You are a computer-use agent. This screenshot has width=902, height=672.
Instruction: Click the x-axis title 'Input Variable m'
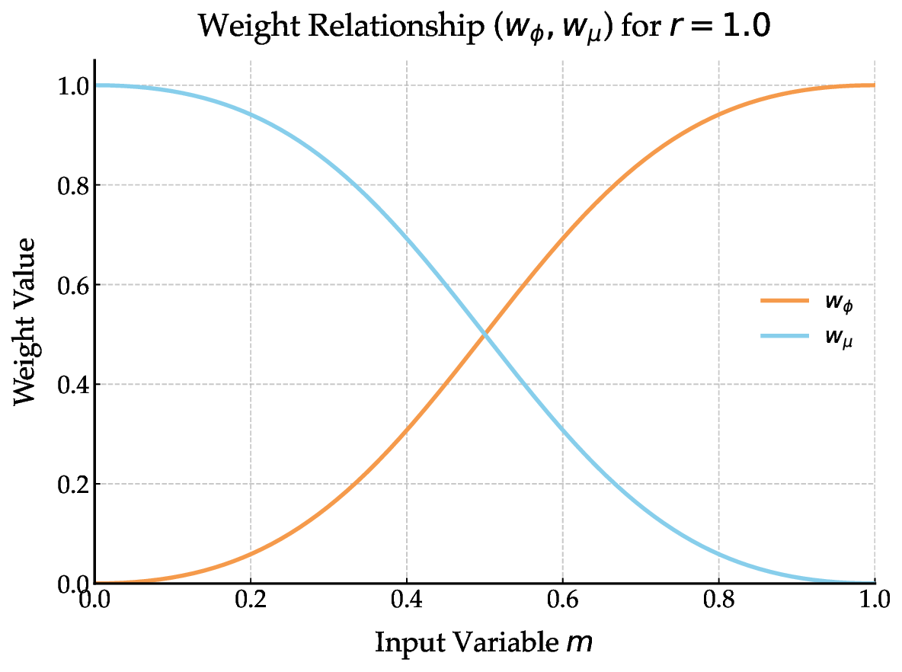point(483,642)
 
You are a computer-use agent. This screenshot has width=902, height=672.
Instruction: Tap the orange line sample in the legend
point(784,301)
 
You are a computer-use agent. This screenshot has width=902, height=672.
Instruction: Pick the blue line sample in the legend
point(784,338)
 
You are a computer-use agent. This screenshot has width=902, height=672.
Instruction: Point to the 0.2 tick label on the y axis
point(72,484)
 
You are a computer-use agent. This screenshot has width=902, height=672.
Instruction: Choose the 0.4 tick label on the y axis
point(72,385)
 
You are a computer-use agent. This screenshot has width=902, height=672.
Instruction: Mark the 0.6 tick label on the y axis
point(72,285)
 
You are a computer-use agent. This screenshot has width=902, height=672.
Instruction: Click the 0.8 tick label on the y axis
point(72,185)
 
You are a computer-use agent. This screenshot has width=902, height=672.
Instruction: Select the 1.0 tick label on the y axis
point(72,85)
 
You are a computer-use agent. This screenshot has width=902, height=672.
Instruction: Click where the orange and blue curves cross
point(485,334)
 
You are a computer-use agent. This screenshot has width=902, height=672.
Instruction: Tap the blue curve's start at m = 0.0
point(96,85)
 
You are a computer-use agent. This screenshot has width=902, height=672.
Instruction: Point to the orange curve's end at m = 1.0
point(874,85)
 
